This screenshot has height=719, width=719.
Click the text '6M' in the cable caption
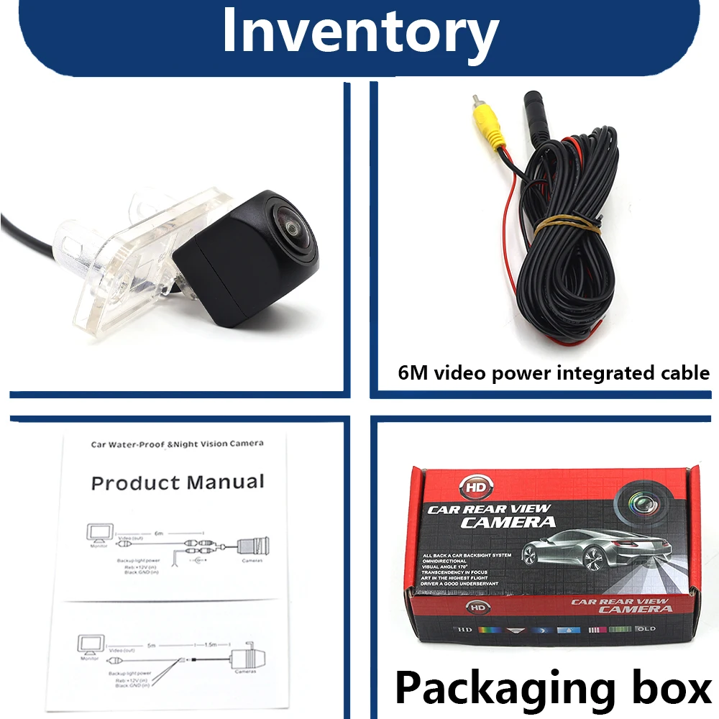coord(413,373)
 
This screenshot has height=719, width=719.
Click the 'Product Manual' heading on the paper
coord(178,482)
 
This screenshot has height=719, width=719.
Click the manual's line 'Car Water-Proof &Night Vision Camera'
coord(177,444)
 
